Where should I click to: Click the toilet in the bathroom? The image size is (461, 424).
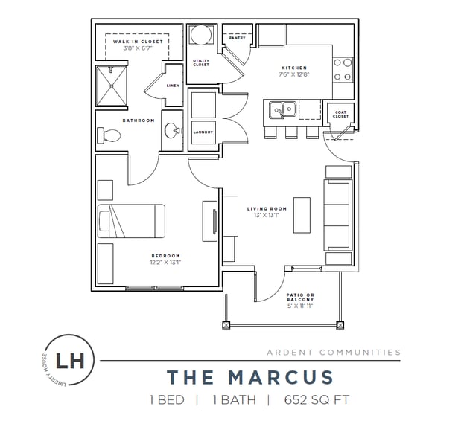click(109, 135)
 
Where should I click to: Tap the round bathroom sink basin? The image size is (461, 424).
click(172, 130)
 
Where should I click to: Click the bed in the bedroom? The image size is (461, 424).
click(131, 221)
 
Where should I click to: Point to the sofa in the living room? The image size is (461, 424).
click(338, 215)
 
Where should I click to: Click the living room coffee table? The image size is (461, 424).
click(302, 215)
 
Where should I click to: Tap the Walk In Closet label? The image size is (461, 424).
click(138, 42)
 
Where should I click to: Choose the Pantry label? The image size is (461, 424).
click(238, 38)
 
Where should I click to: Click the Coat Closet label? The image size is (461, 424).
click(340, 115)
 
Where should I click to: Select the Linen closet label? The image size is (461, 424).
click(173, 86)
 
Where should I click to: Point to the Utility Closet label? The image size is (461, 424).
click(201, 62)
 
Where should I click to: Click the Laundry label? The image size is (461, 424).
click(203, 132)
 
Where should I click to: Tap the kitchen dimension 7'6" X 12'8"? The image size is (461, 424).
click(294, 74)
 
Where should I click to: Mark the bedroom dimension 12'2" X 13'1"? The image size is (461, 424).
click(165, 263)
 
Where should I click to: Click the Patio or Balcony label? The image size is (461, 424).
click(300, 297)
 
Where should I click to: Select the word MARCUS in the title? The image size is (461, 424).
click(281, 377)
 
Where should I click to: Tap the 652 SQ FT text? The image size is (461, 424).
click(317, 400)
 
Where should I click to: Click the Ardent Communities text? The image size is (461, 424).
click(334, 352)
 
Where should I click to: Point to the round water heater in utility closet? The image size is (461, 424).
click(201, 35)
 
